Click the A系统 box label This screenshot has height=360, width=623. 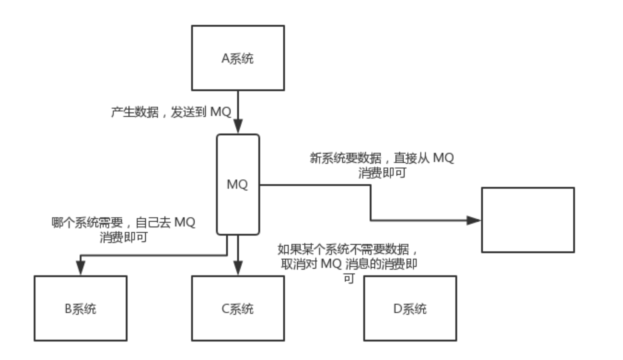tap(237, 59)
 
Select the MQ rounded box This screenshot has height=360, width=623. tap(237, 184)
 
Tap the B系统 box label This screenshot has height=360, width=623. tap(80, 309)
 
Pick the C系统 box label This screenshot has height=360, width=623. tap(237, 309)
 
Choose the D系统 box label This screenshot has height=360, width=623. tap(410, 309)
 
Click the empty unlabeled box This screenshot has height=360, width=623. tap(528, 220)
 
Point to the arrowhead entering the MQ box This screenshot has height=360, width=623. tap(238, 126)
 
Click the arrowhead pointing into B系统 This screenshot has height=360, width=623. tap(80, 267)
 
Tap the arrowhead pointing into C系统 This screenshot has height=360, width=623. tap(238, 267)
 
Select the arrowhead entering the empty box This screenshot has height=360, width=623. tap(473, 220)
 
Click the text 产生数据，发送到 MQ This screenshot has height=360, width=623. tap(171, 112)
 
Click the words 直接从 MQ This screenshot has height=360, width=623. tap(424, 158)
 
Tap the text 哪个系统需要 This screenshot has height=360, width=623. tap(87, 222)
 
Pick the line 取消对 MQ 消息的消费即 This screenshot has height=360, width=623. tap(349, 264)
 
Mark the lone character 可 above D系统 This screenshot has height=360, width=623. tap(349, 278)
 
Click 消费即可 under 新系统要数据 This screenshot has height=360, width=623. tap(382, 173)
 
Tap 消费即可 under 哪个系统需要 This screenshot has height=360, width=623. tap(123, 237)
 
